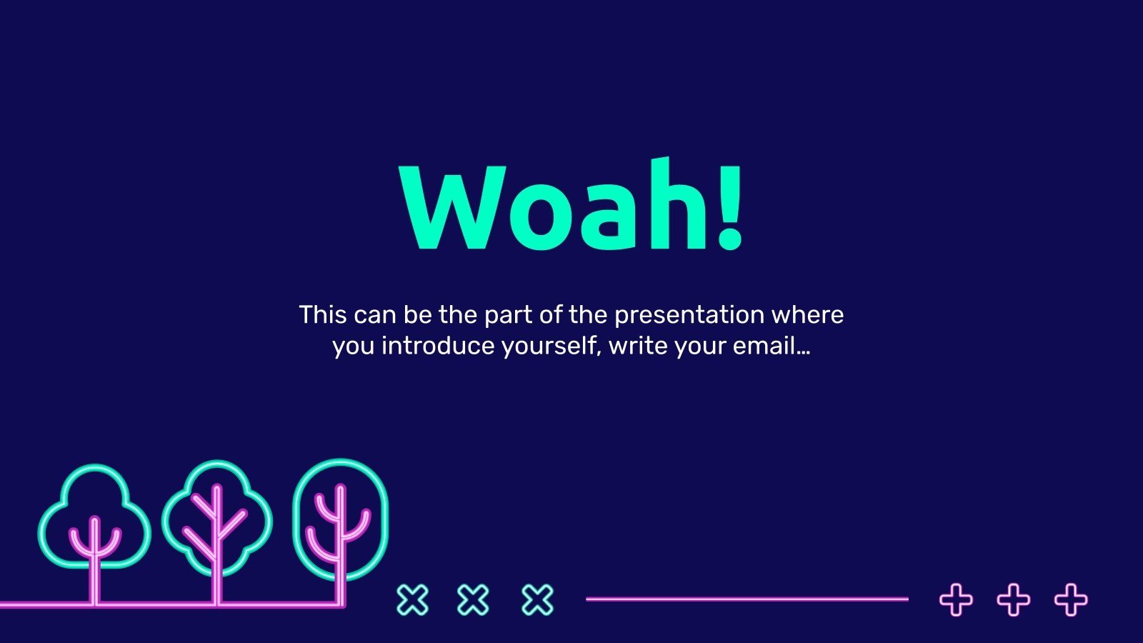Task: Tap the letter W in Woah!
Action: [453, 208]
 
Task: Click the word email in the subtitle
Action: [764, 346]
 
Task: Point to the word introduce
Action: [438, 346]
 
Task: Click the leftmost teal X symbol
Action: [413, 599]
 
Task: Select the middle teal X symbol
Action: [473, 599]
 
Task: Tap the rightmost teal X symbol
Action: [537, 599]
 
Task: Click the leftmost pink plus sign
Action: [957, 599]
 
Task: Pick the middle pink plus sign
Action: [1014, 599]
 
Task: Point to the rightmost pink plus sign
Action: [1071, 599]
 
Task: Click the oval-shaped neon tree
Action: [340, 531]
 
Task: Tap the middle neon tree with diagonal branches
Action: [217, 531]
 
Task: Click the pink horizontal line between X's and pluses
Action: [747, 599]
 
